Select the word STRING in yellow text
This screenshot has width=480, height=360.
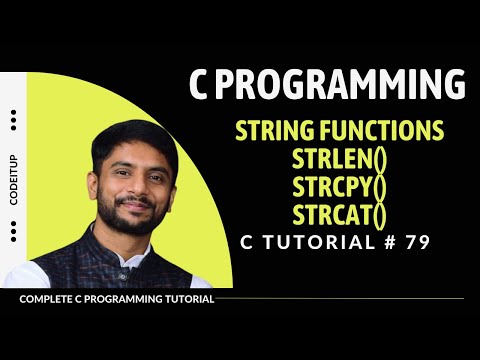pos(274,132)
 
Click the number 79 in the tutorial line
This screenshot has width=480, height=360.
pos(421,242)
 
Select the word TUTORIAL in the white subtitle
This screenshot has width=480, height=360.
pos(322,242)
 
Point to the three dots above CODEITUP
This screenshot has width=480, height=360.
pos(13,119)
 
